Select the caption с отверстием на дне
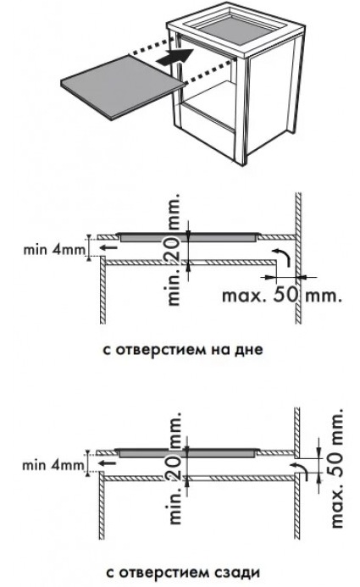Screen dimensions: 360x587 point(183,350)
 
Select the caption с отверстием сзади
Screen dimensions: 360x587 point(183,573)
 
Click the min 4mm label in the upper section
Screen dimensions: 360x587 point(55,249)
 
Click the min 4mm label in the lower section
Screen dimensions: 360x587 point(53,465)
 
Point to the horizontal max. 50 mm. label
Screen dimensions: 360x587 point(282,295)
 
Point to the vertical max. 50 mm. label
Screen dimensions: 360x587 point(337,468)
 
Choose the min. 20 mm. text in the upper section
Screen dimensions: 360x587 point(174,250)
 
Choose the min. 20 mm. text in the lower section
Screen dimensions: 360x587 point(174,468)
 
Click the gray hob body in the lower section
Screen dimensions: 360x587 point(186,453)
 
